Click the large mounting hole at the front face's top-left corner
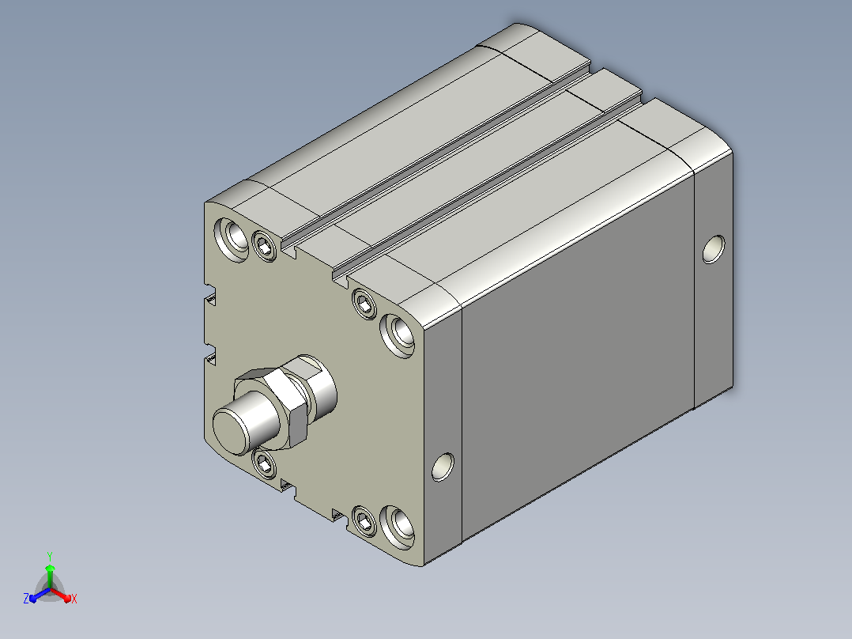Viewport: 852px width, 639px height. [232, 239]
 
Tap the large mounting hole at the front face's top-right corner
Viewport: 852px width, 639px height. [398, 335]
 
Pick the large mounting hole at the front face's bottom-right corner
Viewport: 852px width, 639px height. [398, 527]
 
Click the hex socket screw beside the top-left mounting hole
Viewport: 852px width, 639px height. [266, 247]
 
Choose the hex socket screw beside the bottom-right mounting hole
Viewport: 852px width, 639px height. [364, 520]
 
